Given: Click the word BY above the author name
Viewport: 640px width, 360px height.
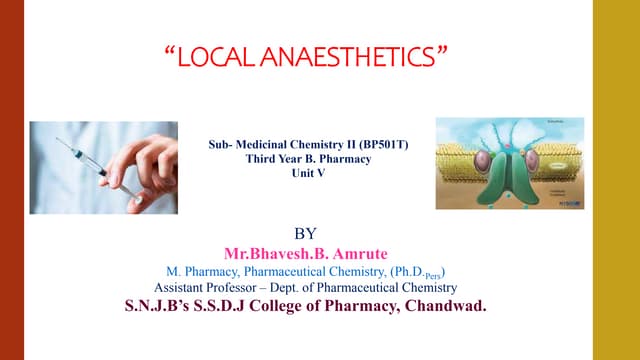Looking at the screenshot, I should tap(320, 234).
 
